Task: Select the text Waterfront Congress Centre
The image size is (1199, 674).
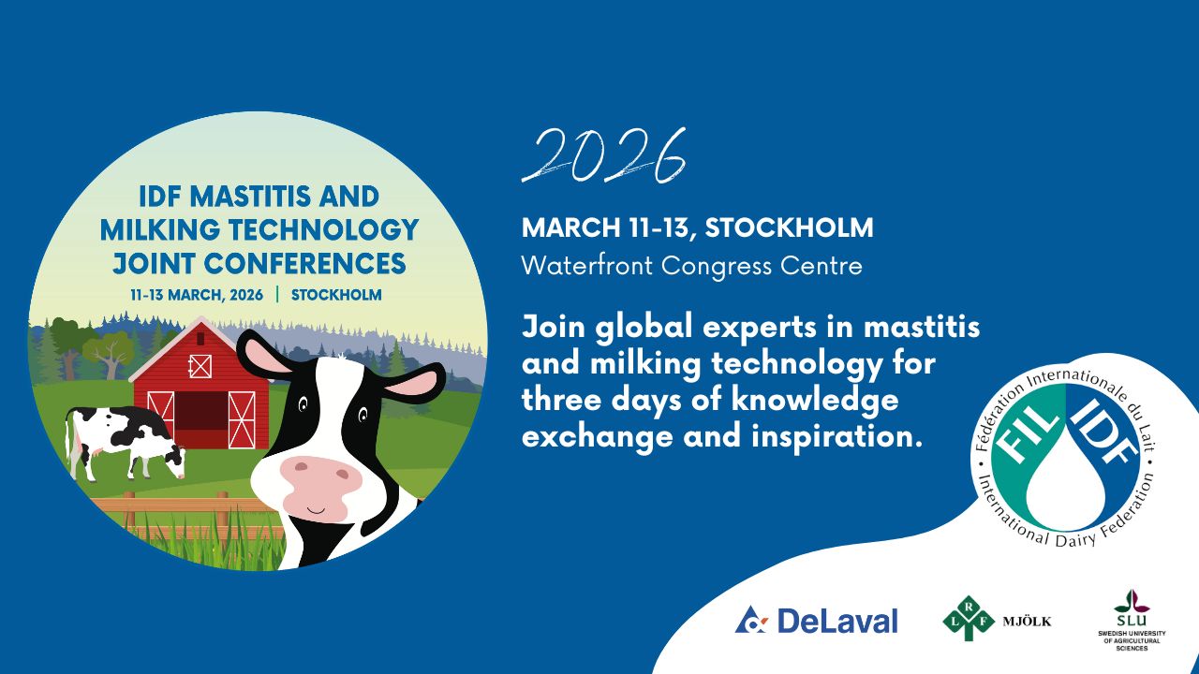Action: coord(691,265)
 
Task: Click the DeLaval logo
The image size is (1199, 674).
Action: coord(816,620)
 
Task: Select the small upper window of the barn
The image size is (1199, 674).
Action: coord(200,365)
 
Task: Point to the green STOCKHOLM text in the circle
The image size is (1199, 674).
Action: coord(336,294)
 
